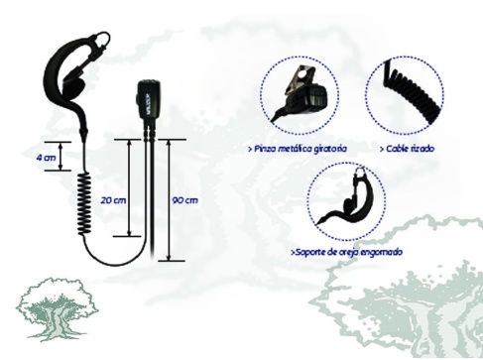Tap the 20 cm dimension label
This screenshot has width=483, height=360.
coord(113,199)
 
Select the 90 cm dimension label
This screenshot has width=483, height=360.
coord(184,199)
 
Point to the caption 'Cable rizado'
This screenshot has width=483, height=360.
coord(408,147)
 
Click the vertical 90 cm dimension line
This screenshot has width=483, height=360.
coord(170,199)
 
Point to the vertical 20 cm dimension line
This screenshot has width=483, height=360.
coord(129,188)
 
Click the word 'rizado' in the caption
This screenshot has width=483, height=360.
coord(421,147)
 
